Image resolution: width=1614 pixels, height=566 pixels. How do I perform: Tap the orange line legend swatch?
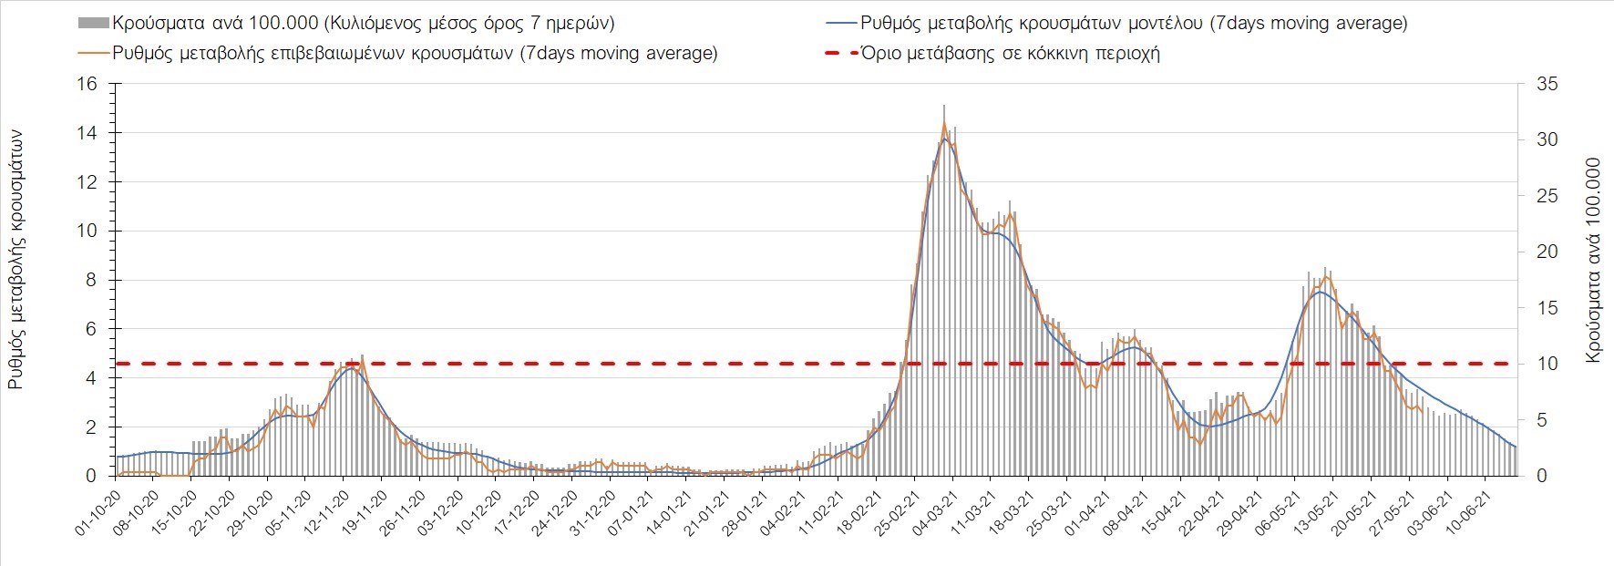coord(93,53)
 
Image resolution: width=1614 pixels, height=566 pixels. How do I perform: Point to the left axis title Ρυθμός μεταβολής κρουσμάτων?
coord(16,260)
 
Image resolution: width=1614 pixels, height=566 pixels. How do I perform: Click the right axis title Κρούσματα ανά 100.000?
coord(1593,261)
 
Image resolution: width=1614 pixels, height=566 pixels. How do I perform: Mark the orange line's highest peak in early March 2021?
coord(943,122)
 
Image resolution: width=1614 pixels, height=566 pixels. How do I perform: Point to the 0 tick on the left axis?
coord(91,476)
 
